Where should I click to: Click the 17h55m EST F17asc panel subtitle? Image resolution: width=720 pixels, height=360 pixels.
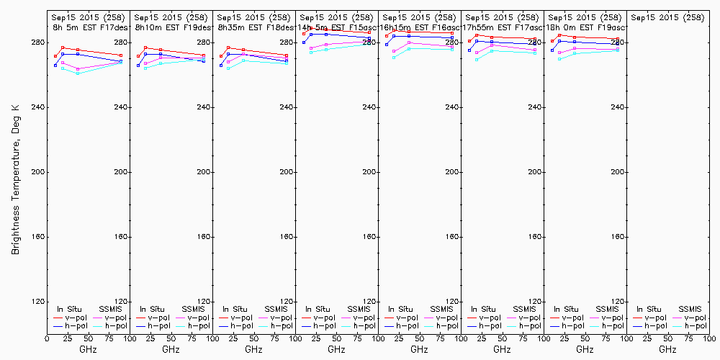[500, 27]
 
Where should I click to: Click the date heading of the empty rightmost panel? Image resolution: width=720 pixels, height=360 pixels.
[667, 17]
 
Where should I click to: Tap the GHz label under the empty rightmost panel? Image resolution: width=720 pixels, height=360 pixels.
[667, 349]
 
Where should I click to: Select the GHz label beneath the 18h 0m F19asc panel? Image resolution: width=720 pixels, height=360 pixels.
[585, 349]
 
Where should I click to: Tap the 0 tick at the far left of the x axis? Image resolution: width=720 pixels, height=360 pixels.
[47, 337]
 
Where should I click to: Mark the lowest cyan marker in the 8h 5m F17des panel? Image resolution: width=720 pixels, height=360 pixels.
[78, 73]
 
